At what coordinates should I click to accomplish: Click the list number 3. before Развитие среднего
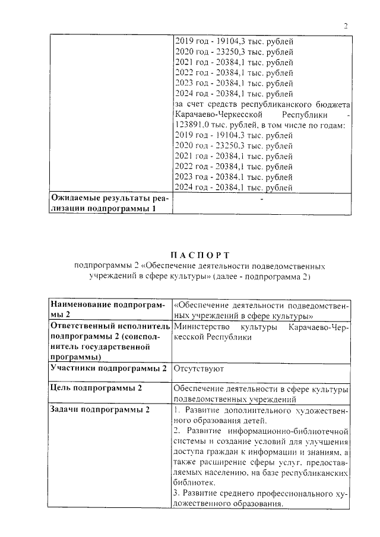pos(176,494)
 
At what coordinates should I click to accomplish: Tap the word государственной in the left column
pos(124,347)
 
